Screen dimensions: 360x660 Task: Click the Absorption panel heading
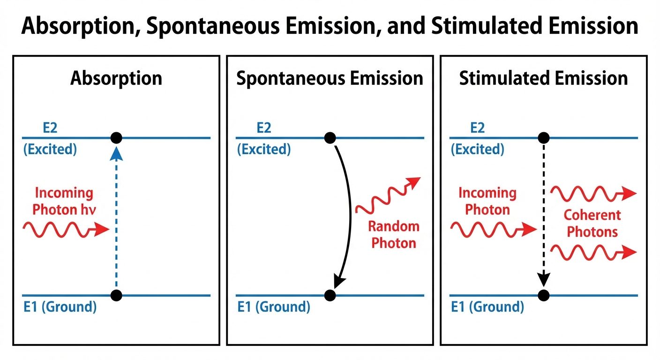116,78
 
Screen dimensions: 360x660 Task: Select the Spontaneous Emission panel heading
330,78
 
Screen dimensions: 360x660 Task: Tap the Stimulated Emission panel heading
543,78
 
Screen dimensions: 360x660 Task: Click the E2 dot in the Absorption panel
116,138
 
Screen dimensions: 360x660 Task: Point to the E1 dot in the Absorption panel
116,295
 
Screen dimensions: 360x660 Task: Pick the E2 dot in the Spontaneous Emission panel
330,138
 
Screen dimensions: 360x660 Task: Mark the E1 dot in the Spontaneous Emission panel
330,295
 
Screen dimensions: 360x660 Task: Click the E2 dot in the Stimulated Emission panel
543,138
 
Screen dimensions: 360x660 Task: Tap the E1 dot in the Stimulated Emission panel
543,295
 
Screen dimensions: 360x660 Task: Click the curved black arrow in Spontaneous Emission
349,216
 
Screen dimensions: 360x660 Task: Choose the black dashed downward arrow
543,216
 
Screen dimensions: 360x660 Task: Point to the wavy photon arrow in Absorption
66,229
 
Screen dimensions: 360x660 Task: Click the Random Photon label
393,235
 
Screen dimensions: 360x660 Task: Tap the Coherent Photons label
592,223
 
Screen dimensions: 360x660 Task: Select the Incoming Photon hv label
63,201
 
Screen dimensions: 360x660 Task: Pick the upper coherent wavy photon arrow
593,193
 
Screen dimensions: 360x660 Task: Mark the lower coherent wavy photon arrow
593,252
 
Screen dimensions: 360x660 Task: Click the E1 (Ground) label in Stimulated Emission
487,307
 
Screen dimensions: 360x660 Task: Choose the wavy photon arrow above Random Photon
388,197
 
